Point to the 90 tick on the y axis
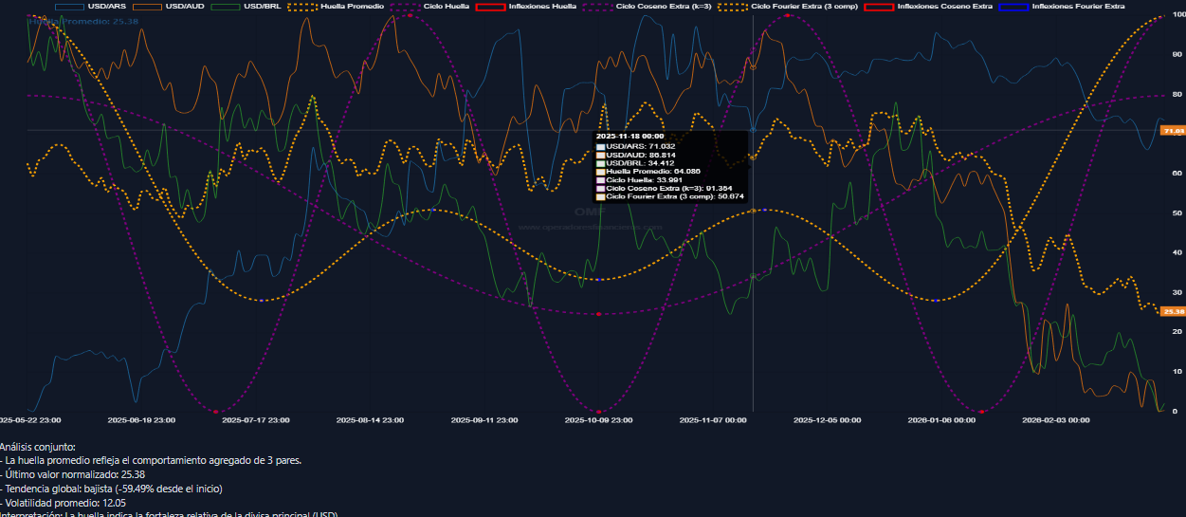(x=1177, y=55)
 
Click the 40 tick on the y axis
(x=1177, y=253)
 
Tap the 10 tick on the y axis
(x=1177, y=372)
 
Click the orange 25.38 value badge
(x=1173, y=311)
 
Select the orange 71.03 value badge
(x=1173, y=131)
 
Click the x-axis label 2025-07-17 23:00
(x=256, y=418)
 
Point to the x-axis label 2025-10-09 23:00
(x=598, y=418)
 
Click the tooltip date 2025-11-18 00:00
(x=629, y=137)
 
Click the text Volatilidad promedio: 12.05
(x=65, y=503)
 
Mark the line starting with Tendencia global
(x=114, y=489)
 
